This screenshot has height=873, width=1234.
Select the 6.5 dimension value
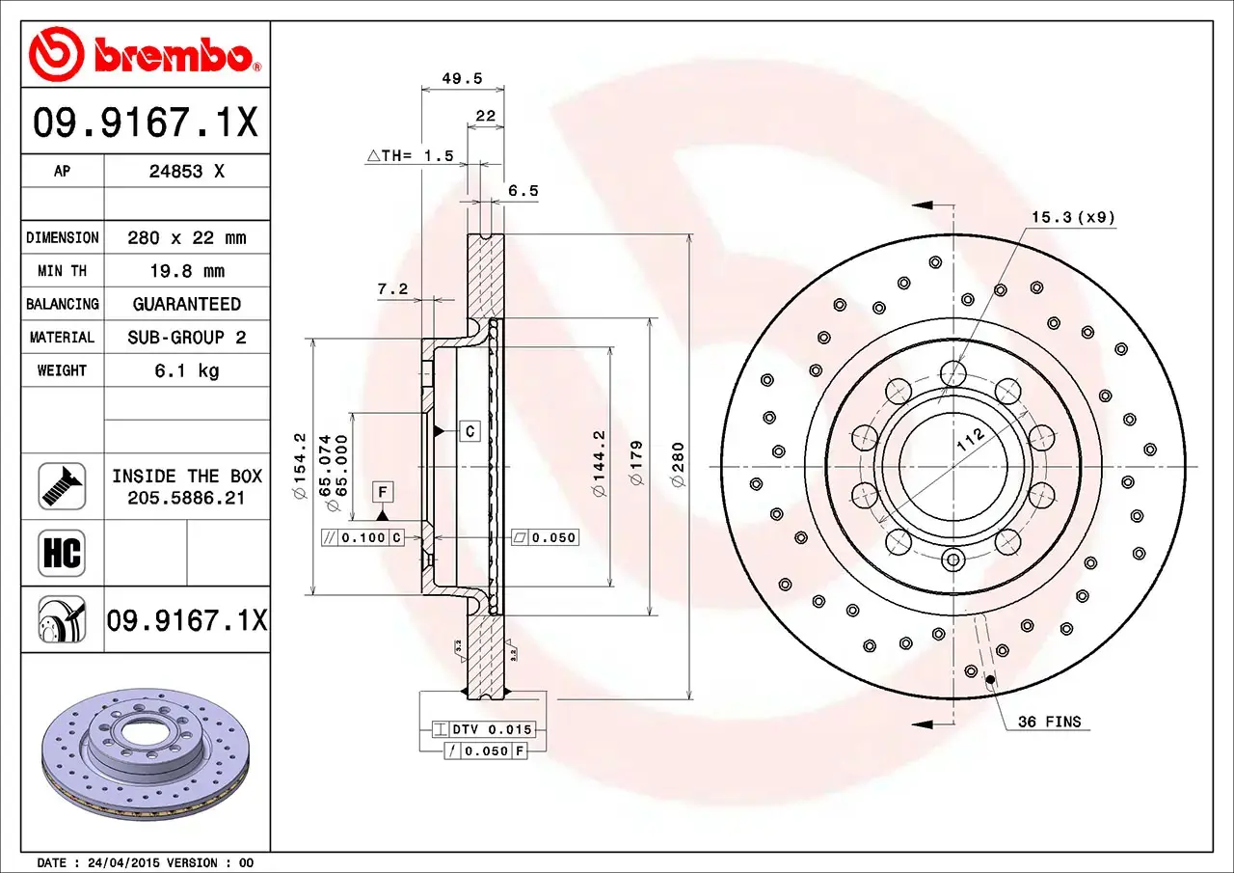523,191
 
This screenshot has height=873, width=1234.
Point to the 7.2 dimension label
392,288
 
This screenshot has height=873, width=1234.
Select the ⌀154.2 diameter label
299,466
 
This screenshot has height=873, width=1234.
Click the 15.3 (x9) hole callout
1073,217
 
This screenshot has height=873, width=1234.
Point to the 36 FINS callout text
1049,722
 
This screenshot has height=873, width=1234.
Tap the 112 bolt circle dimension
971,440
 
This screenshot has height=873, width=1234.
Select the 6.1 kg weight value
187,370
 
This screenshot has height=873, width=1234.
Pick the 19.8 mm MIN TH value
187,271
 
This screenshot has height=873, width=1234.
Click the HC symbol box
62,554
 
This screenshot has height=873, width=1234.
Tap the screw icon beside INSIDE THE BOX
62,486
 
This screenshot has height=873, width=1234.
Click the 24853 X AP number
187,172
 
